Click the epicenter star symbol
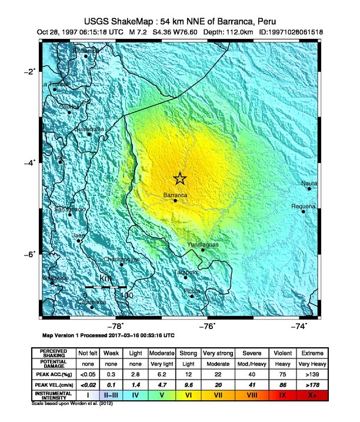[x=180, y=178]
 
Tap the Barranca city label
[x=175, y=194]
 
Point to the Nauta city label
[x=309, y=183]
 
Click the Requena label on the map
[x=304, y=206]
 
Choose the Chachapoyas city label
[x=122, y=259]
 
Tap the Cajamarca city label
[x=92, y=302]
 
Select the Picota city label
[x=192, y=291]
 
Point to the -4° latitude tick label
[x=29, y=162]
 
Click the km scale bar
[x=105, y=287]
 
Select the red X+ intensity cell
[x=312, y=395]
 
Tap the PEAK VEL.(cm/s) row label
[x=54, y=383]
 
